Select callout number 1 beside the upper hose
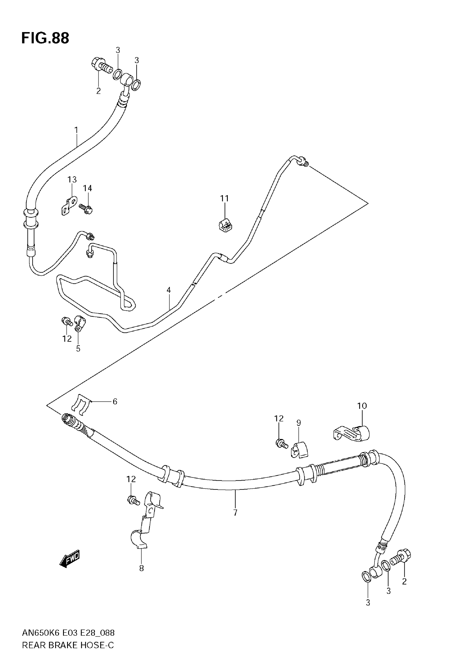pyautogui.click(x=76, y=130)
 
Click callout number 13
pyautogui.click(x=72, y=180)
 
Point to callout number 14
pyautogui.click(x=88, y=188)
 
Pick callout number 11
pyautogui.click(x=224, y=199)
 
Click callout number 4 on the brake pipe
pyautogui.click(x=169, y=290)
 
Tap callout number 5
pyautogui.click(x=78, y=349)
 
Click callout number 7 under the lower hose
pyautogui.click(x=235, y=513)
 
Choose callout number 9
pyautogui.click(x=299, y=423)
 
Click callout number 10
pyautogui.click(x=362, y=406)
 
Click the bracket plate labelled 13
pyautogui.click(x=69, y=205)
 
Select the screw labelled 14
pyautogui.click(x=86, y=208)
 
